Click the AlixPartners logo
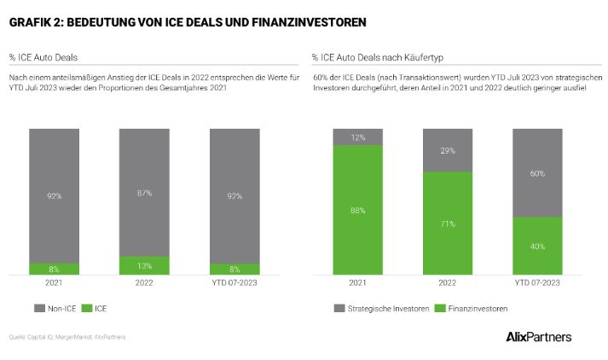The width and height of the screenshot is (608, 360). (538, 336)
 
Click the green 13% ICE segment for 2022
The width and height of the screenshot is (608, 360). (144, 266)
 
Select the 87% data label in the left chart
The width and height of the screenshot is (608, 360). (144, 193)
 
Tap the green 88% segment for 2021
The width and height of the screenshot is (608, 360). (358, 211)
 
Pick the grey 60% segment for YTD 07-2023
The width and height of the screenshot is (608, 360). (538, 173)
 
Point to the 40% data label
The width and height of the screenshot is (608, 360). (538, 247)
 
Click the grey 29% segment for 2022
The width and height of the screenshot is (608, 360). (448, 150)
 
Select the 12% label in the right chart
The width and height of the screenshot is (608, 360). (358, 137)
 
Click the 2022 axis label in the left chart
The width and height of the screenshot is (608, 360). (144, 283)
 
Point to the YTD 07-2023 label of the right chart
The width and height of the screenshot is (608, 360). (538, 283)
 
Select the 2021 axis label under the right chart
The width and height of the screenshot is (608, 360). (358, 283)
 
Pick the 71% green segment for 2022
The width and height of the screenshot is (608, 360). (448, 224)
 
